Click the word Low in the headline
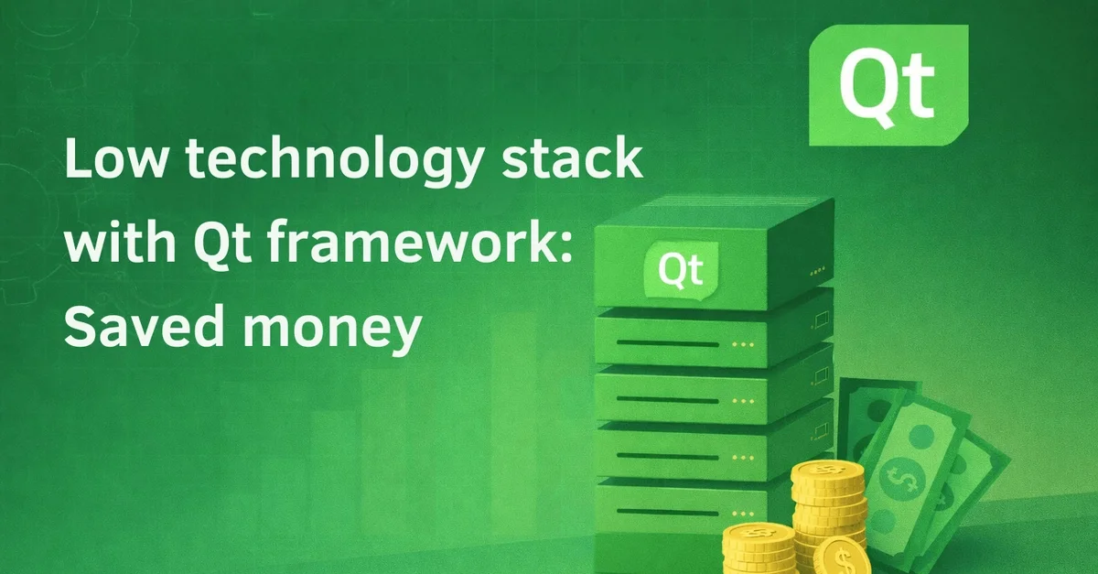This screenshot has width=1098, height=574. (115, 158)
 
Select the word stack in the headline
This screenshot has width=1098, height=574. (572, 157)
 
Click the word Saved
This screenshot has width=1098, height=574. (145, 326)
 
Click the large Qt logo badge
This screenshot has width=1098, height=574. (888, 85)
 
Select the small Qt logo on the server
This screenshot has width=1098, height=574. (681, 270)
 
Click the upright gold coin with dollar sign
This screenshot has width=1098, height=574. (842, 557)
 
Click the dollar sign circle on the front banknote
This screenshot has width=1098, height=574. (902, 478)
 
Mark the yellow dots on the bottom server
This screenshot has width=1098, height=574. (743, 514)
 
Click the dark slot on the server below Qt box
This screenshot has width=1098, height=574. (667, 343)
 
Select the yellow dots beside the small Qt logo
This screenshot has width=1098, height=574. (818, 271)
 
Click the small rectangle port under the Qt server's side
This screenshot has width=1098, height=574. (822, 319)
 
